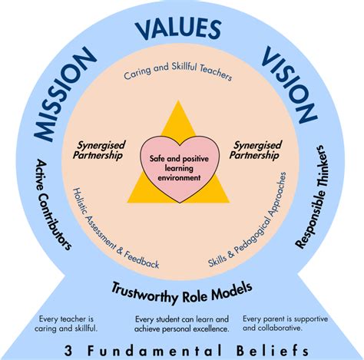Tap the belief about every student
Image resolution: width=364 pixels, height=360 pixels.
181,324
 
